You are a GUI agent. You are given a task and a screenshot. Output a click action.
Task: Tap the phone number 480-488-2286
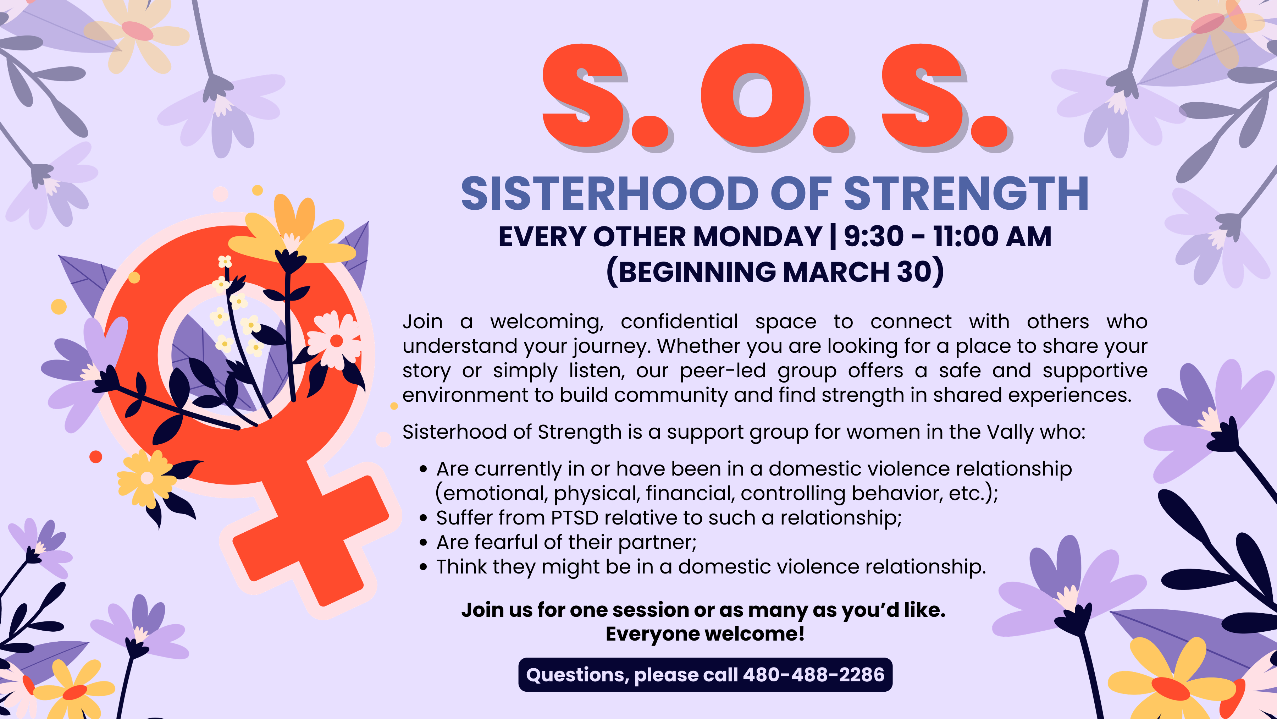point(813,675)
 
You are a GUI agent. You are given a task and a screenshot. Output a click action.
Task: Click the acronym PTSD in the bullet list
point(575,518)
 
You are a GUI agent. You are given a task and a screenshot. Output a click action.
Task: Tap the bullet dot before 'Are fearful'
point(423,543)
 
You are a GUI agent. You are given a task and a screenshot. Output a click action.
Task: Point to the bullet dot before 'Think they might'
point(423,567)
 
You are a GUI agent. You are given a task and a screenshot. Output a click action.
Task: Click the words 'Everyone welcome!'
point(705,634)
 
